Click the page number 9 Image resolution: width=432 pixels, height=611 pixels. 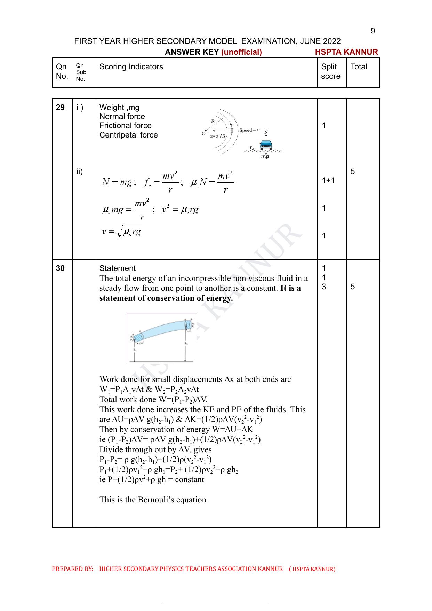tap(373, 31)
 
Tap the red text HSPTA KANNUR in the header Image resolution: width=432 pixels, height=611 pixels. tap(346, 52)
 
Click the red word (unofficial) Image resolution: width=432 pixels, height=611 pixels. tap(241, 52)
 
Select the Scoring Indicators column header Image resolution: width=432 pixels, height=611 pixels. tap(131, 67)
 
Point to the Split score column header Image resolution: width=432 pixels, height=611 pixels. tap(330, 71)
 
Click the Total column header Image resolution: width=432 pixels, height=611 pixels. tap(359, 67)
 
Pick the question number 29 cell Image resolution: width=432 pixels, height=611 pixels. tap(60, 108)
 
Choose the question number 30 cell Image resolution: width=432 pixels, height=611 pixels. tap(60, 268)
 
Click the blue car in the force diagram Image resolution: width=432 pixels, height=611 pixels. tap(266, 144)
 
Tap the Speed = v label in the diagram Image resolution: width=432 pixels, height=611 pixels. tap(249, 130)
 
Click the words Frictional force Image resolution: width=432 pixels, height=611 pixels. tap(125, 126)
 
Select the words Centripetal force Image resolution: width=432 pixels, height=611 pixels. tap(128, 135)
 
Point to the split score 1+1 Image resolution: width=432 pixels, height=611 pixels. tap(328, 180)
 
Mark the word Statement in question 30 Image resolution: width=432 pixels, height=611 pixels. tap(118, 268)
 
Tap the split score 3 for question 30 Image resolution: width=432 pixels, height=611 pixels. tap(324, 287)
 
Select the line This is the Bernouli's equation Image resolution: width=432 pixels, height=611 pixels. tap(153, 500)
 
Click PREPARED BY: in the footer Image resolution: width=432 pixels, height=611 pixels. tap(72, 569)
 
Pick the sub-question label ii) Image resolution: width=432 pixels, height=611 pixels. tap(80, 172)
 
